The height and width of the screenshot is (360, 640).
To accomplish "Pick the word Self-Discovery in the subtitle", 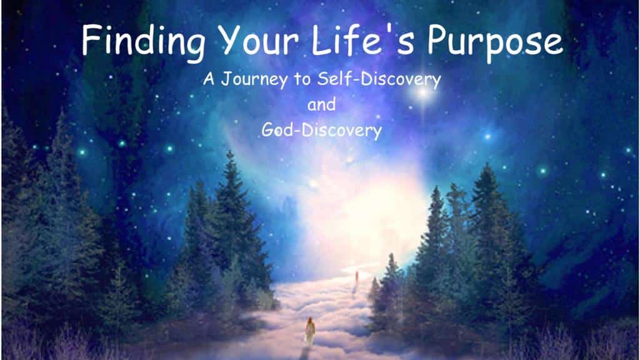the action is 379,79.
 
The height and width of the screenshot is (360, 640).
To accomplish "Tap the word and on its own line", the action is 321,104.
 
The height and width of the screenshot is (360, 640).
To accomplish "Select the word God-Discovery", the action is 322,131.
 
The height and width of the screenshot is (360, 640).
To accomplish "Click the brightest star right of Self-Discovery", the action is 423,92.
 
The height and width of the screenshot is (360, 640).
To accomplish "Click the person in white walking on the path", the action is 310,331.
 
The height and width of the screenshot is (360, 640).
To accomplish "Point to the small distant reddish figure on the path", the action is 357,277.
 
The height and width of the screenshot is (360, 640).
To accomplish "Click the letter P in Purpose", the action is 436,40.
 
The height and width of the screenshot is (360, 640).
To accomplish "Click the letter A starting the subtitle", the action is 209,79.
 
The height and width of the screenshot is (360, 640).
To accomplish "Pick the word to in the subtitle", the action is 302,79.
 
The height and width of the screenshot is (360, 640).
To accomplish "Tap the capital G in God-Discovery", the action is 268,130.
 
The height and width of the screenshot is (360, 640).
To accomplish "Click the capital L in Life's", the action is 321,40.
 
